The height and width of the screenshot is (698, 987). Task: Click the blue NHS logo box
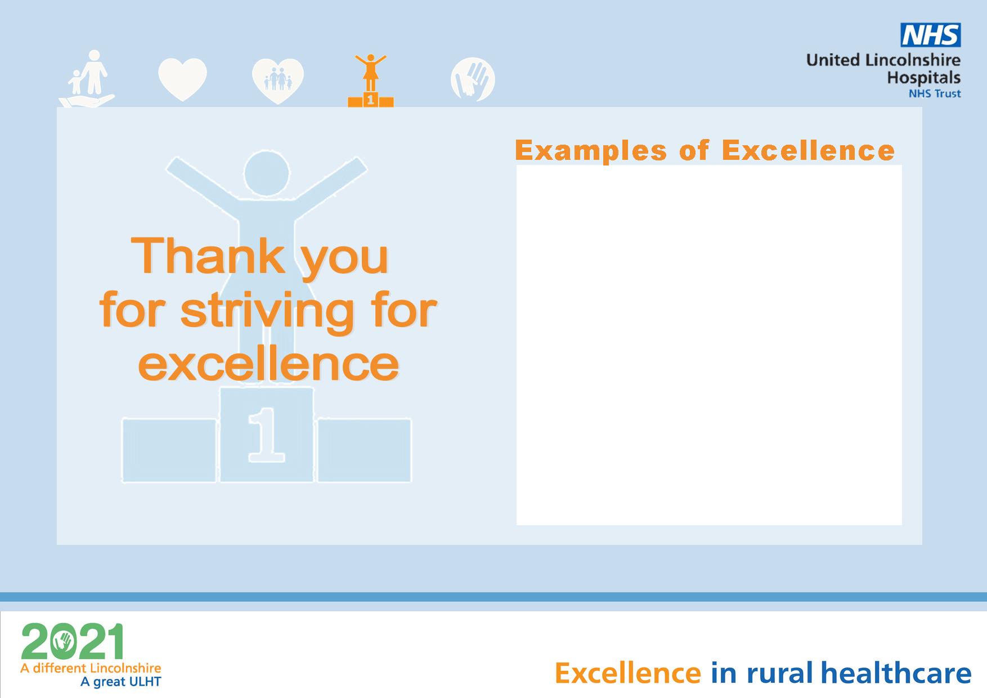tap(931, 35)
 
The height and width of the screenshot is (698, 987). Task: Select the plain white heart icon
tap(182, 79)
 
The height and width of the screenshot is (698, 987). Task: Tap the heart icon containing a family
tap(278, 81)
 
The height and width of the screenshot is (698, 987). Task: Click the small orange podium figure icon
tap(370, 80)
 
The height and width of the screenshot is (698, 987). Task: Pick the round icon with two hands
tap(473, 79)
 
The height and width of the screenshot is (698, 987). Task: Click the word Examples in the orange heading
tap(591, 151)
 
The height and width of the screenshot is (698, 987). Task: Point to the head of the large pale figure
tap(267, 173)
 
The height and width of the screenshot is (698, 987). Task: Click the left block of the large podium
tap(169, 450)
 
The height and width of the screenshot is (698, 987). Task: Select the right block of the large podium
tap(364, 450)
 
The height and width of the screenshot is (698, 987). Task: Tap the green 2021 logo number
tap(72, 642)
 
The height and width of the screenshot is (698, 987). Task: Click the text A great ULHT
tap(121, 682)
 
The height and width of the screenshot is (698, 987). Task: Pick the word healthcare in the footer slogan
tap(896, 673)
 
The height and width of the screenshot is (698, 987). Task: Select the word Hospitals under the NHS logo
tap(924, 78)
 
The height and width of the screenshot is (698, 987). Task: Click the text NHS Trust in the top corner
tap(935, 93)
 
